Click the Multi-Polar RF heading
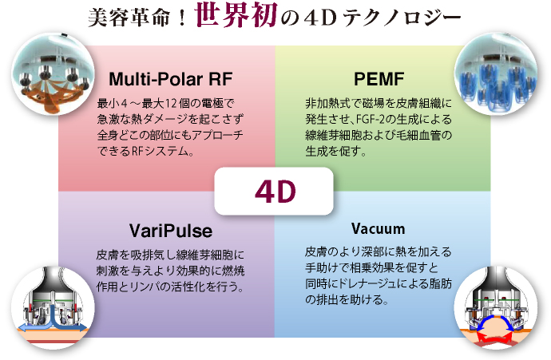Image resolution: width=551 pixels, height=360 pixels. pyautogui.click(x=171, y=79)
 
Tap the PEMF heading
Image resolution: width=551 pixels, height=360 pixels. pyautogui.click(x=379, y=79)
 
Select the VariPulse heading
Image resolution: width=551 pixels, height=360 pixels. pyautogui.click(x=171, y=231)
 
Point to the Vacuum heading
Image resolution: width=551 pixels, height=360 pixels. pyautogui.click(x=378, y=229)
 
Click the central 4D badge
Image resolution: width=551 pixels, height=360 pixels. pyautogui.click(x=274, y=191)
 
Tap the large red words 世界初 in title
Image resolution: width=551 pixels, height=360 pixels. pyautogui.click(x=236, y=14)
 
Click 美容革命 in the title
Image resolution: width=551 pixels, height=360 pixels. pyautogui.click(x=129, y=18)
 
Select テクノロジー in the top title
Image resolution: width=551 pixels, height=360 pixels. pyautogui.click(x=402, y=18)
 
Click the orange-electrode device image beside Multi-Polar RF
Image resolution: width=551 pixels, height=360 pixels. pyautogui.click(x=54, y=74)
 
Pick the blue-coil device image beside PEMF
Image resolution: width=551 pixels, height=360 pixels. pyautogui.click(x=496, y=74)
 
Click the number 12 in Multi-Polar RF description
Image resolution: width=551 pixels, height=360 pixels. pyautogui.click(x=170, y=104)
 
